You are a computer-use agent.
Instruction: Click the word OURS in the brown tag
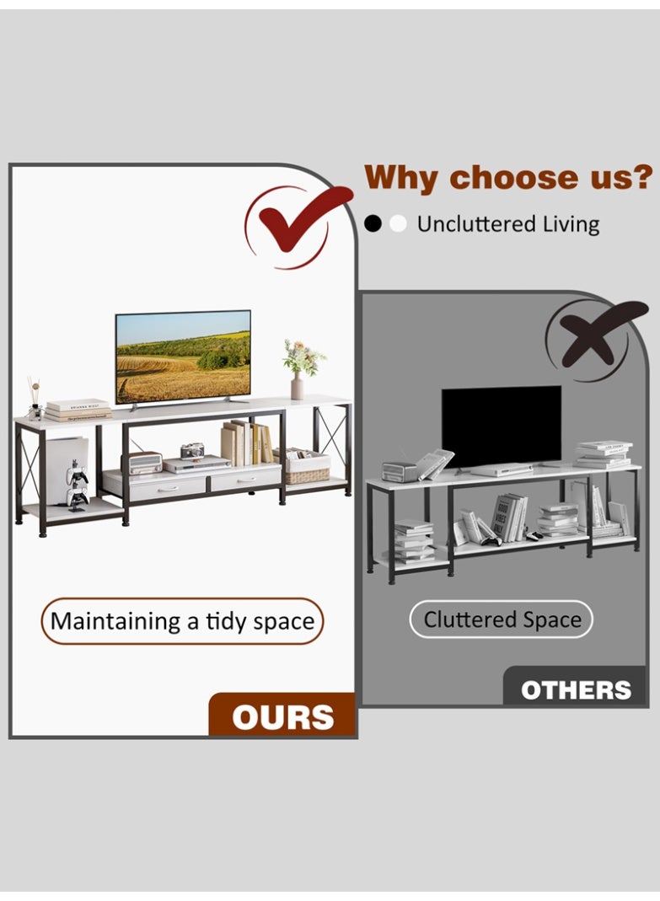coord(283,717)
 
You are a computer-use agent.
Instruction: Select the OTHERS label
coord(576,690)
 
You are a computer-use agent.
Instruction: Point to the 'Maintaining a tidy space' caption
coord(182,621)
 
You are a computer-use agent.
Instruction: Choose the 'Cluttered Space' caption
coord(502,619)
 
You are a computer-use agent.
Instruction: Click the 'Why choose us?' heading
coord(508,178)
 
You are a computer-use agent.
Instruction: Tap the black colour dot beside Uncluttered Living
coord(373,223)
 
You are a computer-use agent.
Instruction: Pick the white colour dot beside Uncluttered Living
coord(398,223)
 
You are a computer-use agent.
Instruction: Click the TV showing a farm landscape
coord(183,357)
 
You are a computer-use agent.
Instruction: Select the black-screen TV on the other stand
coord(502,427)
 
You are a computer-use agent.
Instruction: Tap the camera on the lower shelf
coord(192,450)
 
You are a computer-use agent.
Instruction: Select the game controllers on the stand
coord(77,485)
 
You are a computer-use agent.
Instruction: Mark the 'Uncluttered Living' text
coord(508,224)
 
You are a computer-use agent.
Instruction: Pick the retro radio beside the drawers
coord(145,463)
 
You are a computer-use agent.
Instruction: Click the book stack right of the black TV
coord(604,454)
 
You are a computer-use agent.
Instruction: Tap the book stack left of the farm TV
coord(78,410)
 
